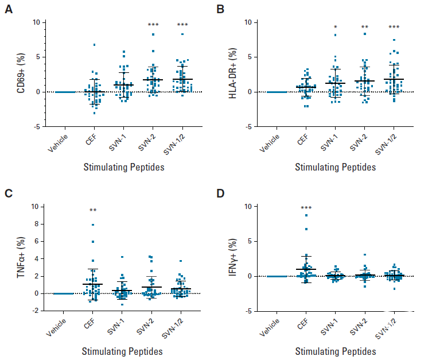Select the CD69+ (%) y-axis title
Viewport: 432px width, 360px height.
coord(20,75)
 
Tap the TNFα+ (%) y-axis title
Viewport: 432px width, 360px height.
coord(20,258)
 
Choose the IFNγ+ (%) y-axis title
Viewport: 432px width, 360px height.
coord(233,258)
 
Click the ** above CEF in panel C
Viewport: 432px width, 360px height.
coord(93,211)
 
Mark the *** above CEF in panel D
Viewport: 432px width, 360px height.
coord(306,208)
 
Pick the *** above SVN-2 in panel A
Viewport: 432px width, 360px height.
coord(153,25)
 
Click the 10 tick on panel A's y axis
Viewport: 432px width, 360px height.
coord(36,22)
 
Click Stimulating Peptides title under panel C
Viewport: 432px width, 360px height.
coord(122,351)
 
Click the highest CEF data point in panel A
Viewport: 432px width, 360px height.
coord(94,45)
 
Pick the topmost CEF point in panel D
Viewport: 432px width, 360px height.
coord(306,215)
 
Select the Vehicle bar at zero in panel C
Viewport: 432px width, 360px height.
coord(64,293)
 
